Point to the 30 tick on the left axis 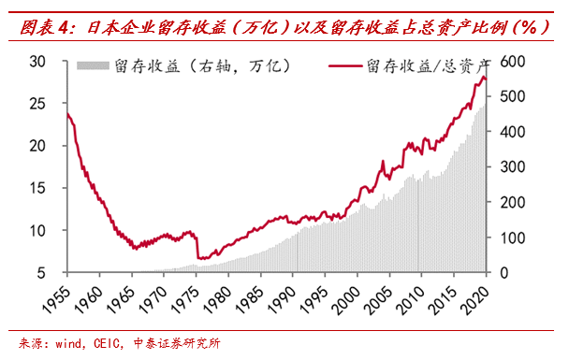[37, 61]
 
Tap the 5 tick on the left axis [43, 272]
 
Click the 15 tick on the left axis [37, 188]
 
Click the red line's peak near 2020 [483, 78]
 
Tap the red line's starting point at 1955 [66, 113]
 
